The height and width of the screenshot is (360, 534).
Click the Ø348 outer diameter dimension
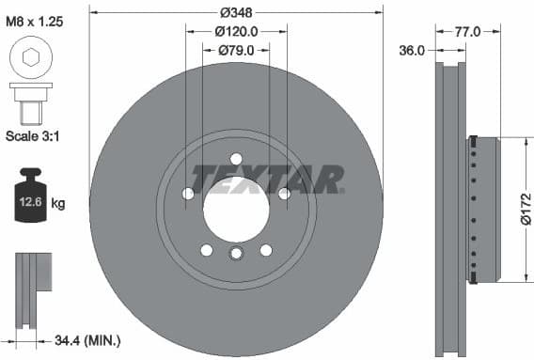pos(236,12)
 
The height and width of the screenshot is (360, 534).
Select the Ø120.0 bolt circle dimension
pos(236,31)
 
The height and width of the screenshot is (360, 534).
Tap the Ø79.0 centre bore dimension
pos(236,50)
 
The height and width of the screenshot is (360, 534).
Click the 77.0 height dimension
pos(467,31)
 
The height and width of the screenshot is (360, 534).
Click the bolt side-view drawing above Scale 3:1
pos(31,102)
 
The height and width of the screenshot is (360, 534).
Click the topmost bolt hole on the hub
pos(236,157)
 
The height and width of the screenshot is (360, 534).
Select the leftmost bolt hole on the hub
pos(188,194)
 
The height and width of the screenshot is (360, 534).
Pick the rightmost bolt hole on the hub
pos(283,194)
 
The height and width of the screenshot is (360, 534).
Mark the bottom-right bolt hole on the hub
pos(266,249)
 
